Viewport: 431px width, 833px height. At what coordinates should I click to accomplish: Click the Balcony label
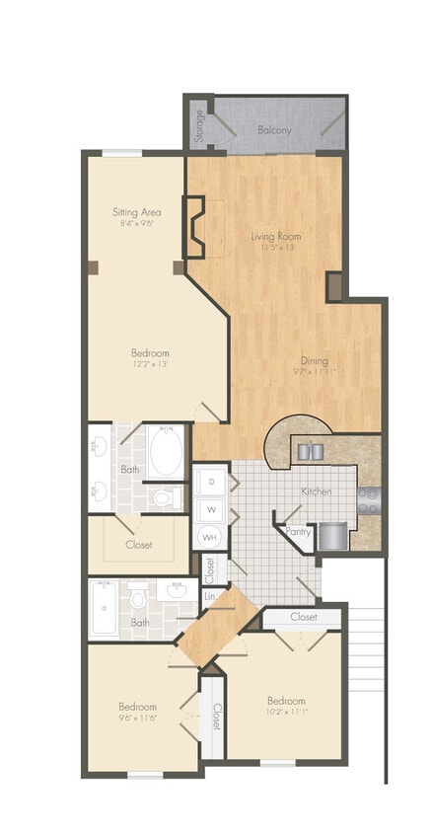click(275, 129)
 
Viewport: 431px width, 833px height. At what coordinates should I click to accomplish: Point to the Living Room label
click(275, 236)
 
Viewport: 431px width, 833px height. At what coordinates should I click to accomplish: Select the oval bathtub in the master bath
click(166, 452)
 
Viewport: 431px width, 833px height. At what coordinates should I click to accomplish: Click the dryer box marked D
click(210, 481)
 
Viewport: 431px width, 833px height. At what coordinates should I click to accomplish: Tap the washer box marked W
click(210, 509)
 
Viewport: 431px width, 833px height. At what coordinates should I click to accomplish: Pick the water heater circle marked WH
click(210, 538)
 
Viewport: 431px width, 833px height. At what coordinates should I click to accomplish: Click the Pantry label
click(298, 531)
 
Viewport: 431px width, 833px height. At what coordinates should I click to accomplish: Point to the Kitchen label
click(316, 491)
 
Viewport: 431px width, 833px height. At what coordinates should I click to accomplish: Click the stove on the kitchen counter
click(369, 499)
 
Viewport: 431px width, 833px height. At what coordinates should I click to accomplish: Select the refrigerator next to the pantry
click(333, 536)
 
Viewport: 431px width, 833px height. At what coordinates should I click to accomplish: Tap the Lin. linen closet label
click(210, 596)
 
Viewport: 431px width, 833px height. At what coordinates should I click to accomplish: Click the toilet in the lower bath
click(140, 596)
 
